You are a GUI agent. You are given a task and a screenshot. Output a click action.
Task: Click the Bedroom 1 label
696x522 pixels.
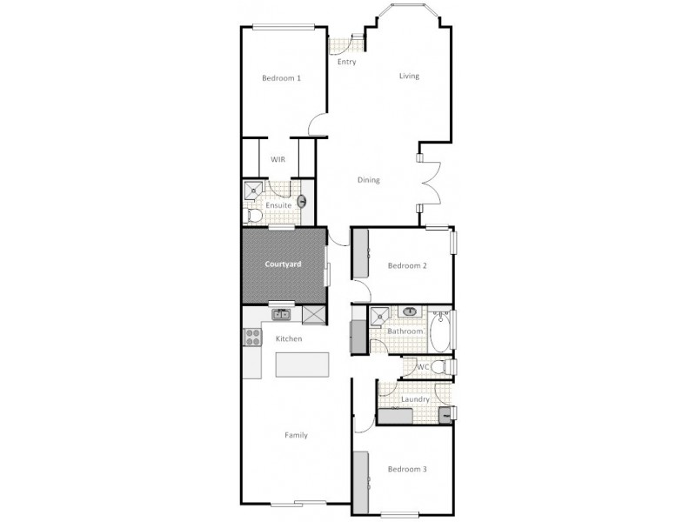click(x=281, y=78)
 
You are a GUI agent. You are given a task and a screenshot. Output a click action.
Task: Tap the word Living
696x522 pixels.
click(x=409, y=76)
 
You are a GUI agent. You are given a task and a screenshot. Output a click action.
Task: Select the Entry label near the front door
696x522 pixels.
click(x=346, y=62)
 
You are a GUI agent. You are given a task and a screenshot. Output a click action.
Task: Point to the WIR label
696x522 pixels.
click(x=278, y=159)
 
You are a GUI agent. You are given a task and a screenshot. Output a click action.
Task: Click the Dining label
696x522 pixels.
click(x=369, y=180)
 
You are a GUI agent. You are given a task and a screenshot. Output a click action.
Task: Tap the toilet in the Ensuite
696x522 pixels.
click(x=252, y=214)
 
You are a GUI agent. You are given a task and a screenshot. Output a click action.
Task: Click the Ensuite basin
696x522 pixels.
click(x=302, y=202)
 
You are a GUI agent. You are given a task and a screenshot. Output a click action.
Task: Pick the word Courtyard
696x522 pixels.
click(x=283, y=264)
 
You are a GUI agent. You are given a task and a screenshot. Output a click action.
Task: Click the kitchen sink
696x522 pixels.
click(x=281, y=315)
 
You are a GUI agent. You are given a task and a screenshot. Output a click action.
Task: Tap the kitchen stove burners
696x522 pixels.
click(x=251, y=336)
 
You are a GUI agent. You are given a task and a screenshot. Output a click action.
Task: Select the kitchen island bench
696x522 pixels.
click(x=303, y=365)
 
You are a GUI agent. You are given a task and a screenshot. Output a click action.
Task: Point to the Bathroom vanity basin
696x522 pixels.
click(x=409, y=311)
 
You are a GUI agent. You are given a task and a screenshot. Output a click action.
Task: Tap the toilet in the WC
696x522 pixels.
click(x=441, y=367)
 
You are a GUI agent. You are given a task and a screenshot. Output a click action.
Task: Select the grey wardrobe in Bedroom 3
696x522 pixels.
click(x=359, y=477)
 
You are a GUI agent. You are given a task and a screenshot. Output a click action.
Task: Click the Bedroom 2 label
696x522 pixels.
click(x=407, y=265)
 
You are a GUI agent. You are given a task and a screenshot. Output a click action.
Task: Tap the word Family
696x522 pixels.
click(x=296, y=435)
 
